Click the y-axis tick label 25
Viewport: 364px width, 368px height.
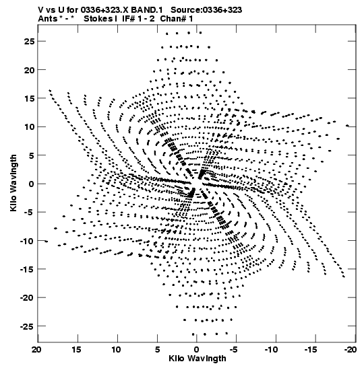[29, 41]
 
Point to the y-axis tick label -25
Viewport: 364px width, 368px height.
[27, 326]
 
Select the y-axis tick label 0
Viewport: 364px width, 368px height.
[32, 184]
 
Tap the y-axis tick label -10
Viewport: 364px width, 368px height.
[27, 241]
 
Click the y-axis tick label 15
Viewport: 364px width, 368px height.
[29, 98]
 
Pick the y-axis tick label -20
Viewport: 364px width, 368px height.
[27, 298]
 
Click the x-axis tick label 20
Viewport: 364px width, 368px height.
[36, 350]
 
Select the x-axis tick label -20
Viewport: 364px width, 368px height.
[351, 350]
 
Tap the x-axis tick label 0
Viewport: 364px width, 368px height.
[197, 350]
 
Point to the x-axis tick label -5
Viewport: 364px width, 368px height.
[233, 350]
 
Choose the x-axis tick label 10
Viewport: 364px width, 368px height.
[116, 350]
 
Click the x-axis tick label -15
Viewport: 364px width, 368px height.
[311, 350]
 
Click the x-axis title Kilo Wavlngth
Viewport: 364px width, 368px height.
[198, 359]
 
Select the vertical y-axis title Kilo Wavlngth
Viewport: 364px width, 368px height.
[13, 183]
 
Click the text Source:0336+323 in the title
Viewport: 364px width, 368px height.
[206, 10]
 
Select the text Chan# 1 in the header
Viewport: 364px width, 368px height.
[177, 19]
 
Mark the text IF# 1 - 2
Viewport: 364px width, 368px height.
[138, 19]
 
